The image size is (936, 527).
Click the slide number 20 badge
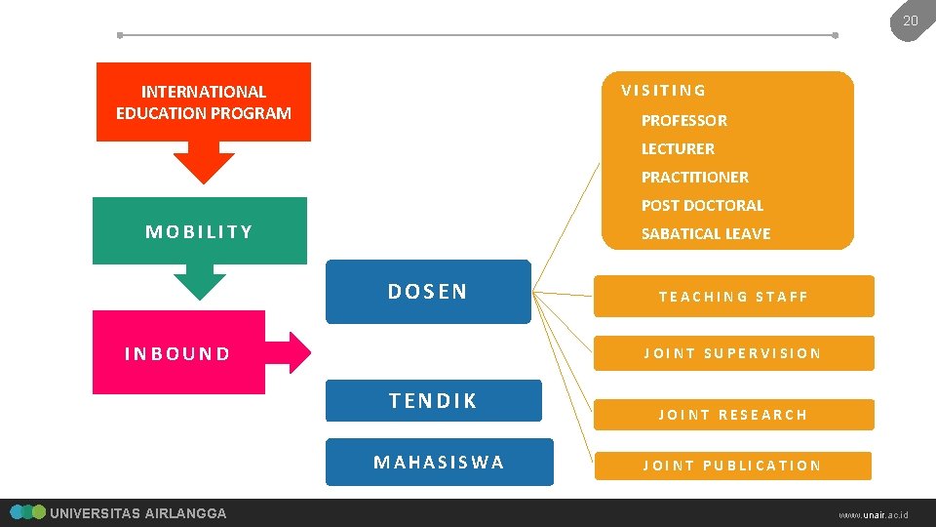(910, 20)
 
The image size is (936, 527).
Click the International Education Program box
(204, 102)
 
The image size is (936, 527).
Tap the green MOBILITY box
(199, 231)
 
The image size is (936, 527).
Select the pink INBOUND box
(178, 353)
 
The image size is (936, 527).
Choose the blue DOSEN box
(428, 292)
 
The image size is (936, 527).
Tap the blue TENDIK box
(433, 401)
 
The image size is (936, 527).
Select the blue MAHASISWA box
(439, 463)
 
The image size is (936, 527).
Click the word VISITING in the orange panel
(664, 91)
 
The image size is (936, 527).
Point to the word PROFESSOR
(683, 121)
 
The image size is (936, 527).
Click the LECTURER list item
(678, 149)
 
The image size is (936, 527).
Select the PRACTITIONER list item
(694, 178)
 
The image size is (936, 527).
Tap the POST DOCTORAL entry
(702, 206)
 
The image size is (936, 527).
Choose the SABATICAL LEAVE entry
(705, 234)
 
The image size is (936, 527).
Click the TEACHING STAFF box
(733, 297)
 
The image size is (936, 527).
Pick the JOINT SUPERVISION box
(733, 353)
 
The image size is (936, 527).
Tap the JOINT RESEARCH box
(733, 415)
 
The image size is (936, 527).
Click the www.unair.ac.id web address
(873, 513)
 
